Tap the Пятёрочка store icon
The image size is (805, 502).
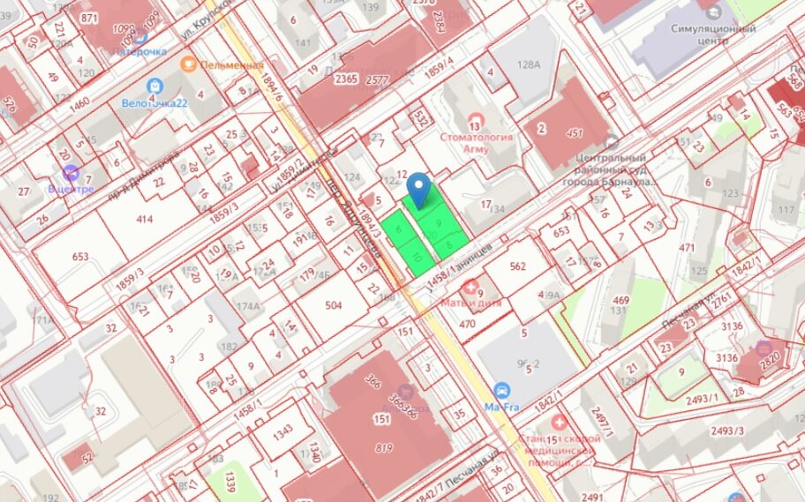coord(139,36)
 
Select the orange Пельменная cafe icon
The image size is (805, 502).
coord(187,64)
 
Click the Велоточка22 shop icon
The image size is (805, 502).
coord(155,86)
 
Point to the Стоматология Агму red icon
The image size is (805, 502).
coord(477,119)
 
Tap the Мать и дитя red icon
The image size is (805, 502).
coord(470,287)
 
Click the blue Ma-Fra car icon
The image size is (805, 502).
coord(502,391)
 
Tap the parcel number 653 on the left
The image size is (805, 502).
coord(80,257)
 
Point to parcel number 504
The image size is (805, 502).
coord(333,305)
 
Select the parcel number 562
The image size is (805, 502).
coord(517,266)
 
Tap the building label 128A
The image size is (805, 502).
coord(528,64)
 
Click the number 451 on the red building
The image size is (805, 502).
coord(576,133)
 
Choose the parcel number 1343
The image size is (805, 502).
coord(282,432)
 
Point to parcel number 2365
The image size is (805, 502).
coord(346,79)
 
